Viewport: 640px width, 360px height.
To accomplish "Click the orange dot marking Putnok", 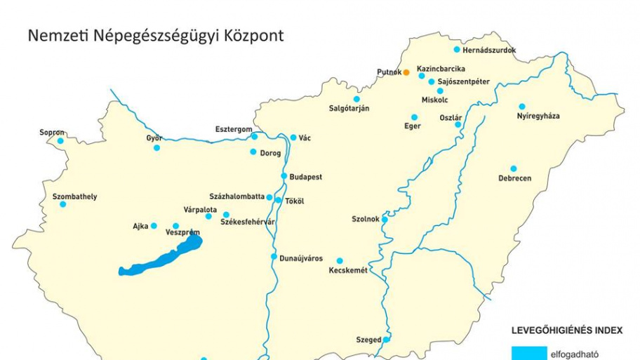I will click(x=406, y=72).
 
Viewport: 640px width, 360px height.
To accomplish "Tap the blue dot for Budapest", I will click(x=284, y=176).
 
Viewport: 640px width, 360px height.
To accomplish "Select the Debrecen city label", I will click(x=514, y=178).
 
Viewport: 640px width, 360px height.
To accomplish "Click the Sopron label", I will click(x=52, y=132).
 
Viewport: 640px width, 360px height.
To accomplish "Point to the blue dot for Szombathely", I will click(x=62, y=204).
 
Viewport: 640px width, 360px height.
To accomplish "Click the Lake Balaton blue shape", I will click(x=165, y=257).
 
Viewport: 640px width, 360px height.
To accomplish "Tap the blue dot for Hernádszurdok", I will click(x=457, y=50).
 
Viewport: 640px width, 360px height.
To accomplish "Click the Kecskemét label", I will click(x=348, y=270).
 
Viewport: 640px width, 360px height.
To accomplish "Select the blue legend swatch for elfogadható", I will click(x=529, y=353).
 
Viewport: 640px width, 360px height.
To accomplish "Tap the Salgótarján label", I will click(x=349, y=108).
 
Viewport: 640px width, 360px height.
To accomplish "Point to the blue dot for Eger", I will click(x=414, y=117).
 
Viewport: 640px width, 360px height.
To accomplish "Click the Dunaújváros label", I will click(x=301, y=258).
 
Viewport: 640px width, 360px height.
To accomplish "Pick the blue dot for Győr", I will click(x=156, y=147).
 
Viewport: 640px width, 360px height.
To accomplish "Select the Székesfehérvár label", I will click(x=248, y=222).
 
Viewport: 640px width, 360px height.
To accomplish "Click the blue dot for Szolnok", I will click(x=385, y=219).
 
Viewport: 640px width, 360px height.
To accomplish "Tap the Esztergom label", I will click(x=233, y=129).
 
